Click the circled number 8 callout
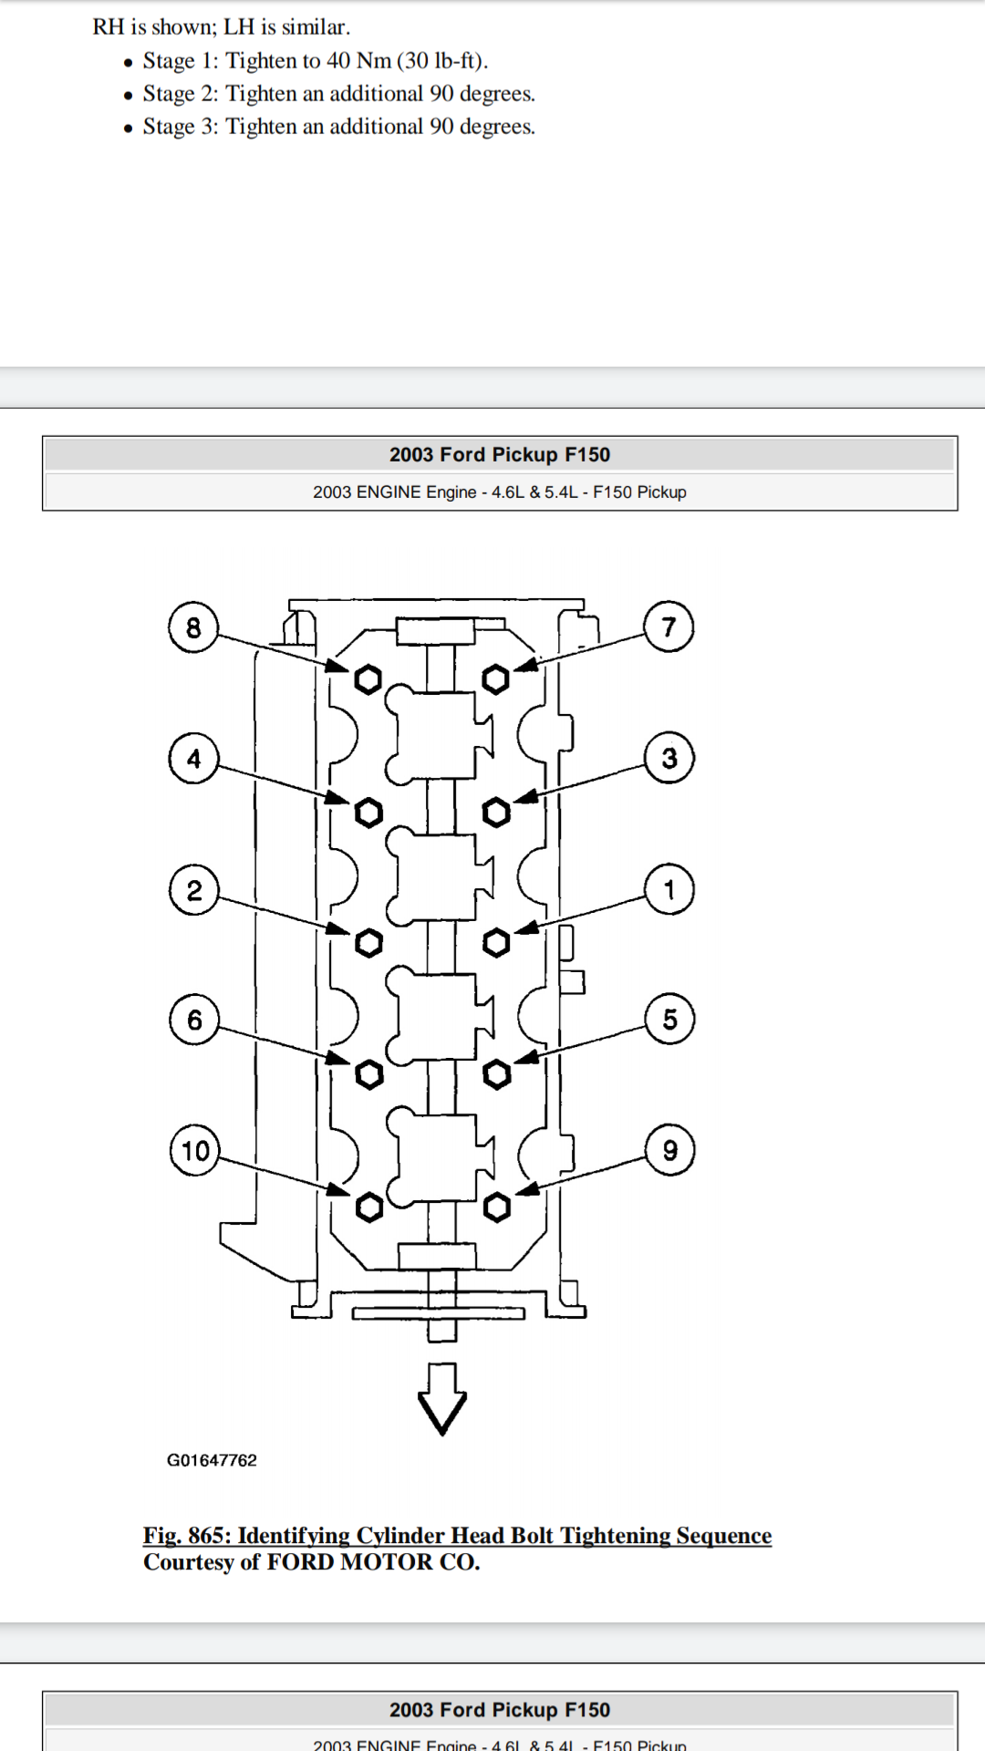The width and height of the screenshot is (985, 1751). [193, 627]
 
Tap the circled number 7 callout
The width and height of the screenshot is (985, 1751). [669, 627]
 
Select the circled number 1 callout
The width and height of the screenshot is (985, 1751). [669, 889]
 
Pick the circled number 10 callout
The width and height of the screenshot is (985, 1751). [195, 1151]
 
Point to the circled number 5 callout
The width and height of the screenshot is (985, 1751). [669, 1020]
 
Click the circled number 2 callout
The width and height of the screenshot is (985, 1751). [193, 890]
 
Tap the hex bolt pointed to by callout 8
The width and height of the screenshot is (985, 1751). [368, 679]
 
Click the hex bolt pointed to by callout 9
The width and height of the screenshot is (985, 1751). [497, 1207]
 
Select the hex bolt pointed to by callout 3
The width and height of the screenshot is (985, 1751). [496, 812]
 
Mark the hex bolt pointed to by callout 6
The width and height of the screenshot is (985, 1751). [369, 1075]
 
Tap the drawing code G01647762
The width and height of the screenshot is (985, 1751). [212, 1460]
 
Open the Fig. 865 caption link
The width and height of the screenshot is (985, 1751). [457, 1536]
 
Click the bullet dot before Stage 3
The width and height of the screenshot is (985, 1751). [129, 129]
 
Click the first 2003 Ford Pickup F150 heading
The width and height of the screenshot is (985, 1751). [500, 454]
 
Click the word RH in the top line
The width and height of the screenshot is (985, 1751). [108, 27]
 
